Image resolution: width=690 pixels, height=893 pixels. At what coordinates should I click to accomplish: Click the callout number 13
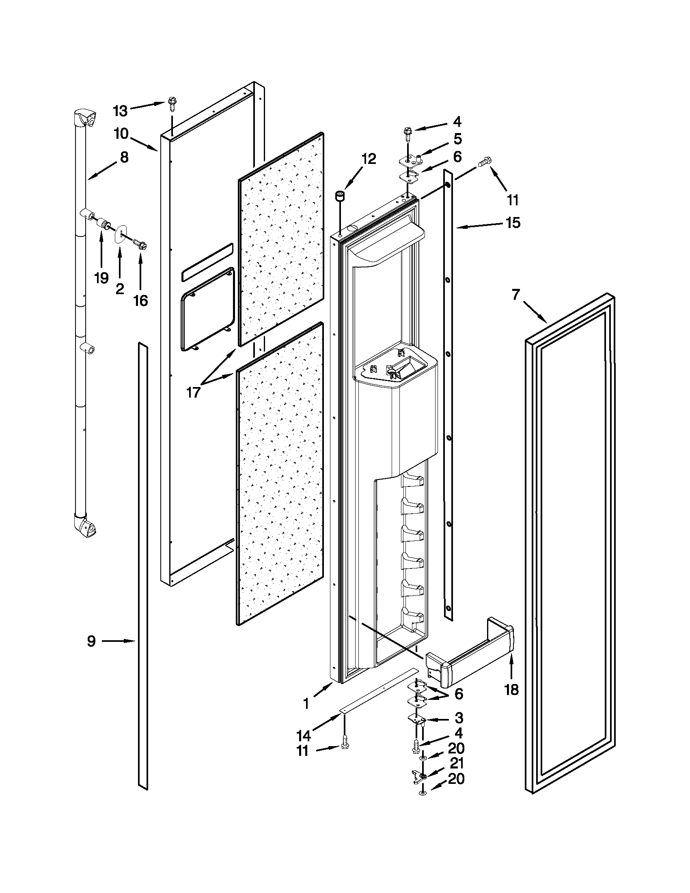[120, 110]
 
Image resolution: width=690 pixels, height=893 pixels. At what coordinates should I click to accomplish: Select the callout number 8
[124, 157]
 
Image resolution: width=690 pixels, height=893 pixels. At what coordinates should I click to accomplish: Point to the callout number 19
[101, 278]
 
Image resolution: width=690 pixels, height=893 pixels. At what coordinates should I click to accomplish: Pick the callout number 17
[193, 392]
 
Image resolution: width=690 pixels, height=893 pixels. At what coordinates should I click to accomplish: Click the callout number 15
[513, 223]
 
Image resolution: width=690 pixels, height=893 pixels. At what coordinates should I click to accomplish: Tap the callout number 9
[91, 641]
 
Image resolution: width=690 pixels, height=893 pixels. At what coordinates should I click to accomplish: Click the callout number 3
[459, 718]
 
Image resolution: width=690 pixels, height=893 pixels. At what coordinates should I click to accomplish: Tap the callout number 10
[121, 134]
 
